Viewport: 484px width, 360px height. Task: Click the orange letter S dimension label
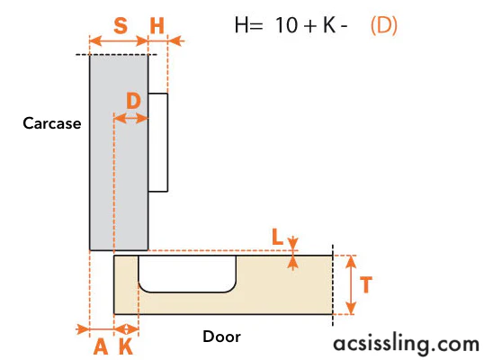[121, 25]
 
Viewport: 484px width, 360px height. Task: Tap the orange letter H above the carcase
[157, 25]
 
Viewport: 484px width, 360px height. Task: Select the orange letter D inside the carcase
[133, 101]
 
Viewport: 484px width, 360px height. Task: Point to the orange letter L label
[277, 237]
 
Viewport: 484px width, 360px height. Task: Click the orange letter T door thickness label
[366, 284]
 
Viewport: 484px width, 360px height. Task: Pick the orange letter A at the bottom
[101, 346]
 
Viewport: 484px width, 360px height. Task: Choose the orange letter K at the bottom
[126, 346]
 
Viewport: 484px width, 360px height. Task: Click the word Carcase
[52, 123]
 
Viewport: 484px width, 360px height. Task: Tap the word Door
[221, 337]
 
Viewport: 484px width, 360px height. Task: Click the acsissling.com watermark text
[407, 344]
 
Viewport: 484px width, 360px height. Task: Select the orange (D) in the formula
[383, 25]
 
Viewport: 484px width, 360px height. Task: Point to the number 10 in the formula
[286, 25]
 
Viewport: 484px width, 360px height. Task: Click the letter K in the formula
[329, 25]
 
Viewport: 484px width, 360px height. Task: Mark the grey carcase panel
[119, 152]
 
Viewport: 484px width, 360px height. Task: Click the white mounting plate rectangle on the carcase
[158, 142]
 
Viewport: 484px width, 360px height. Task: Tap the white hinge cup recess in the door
[187, 274]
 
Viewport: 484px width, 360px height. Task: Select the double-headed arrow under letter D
[130, 118]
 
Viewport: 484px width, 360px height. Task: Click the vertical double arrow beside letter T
[351, 284]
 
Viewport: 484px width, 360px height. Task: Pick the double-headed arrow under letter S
[119, 40]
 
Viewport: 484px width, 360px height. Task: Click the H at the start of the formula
[242, 25]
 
